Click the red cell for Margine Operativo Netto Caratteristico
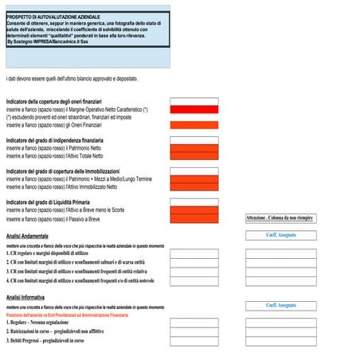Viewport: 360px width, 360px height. pyautogui.click(x=194, y=109)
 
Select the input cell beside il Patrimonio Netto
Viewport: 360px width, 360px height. pyautogui.click(x=194, y=147)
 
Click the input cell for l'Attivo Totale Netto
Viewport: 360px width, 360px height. pyautogui.click(x=194, y=155)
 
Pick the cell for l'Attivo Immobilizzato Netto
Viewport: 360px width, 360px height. pyautogui.click(x=194, y=187)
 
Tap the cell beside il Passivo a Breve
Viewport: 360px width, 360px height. pyautogui.click(x=194, y=218)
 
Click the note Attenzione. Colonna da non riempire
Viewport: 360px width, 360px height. pyautogui.click(x=280, y=217)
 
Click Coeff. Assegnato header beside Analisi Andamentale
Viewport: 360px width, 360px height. pyautogui.click(x=280, y=235)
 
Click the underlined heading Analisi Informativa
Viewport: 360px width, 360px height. pyautogui.click(x=25, y=297)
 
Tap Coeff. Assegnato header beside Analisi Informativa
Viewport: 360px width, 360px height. pyautogui.click(x=280, y=305)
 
